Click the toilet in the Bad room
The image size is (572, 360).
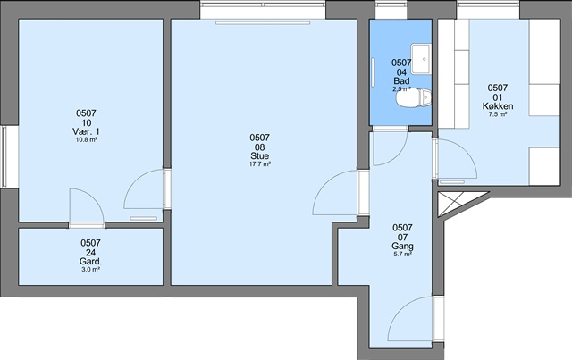point(413,97)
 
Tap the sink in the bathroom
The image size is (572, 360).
point(421,59)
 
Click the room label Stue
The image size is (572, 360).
point(260,156)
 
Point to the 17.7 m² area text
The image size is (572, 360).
point(260,164)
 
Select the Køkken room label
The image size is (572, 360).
point(498,106)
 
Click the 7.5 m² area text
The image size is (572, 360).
point(498,114)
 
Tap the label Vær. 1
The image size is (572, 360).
point(86,131)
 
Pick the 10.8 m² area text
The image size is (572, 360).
point(86,139)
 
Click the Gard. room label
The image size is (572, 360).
point(90,262)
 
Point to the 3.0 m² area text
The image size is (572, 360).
point(90,270)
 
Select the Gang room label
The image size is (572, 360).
point(403,247)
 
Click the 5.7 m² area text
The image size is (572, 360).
point(403,255)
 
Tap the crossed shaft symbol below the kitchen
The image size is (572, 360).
point(450,205)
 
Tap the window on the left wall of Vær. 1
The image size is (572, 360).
point(4,157)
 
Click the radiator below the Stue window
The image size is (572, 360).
point(263,23)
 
